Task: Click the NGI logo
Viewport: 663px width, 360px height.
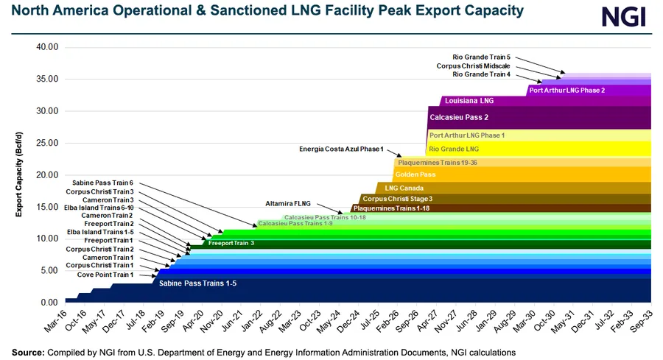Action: pyautogui.click(x=623, y=16)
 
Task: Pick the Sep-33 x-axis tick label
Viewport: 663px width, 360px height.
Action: pyautogui.click(x=642, y=322)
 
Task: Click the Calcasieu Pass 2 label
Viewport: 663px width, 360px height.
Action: pyautogui.click(x=459, y=117)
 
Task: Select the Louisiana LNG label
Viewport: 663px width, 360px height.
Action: pyautogui.click(x=469, y=101)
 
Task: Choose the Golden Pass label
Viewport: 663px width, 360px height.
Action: pyautogui.click(x=415, y=175)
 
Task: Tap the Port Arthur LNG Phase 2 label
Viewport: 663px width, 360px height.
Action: pyautogui.click(x=566, y=91)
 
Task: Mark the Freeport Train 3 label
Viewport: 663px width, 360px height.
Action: pyautogui.click(x=231, y=242)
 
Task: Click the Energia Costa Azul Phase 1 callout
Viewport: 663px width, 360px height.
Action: pyautogui.click(x=341, y=149)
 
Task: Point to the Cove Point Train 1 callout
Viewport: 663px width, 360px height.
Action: pyautogui.click(x=105, y=275)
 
